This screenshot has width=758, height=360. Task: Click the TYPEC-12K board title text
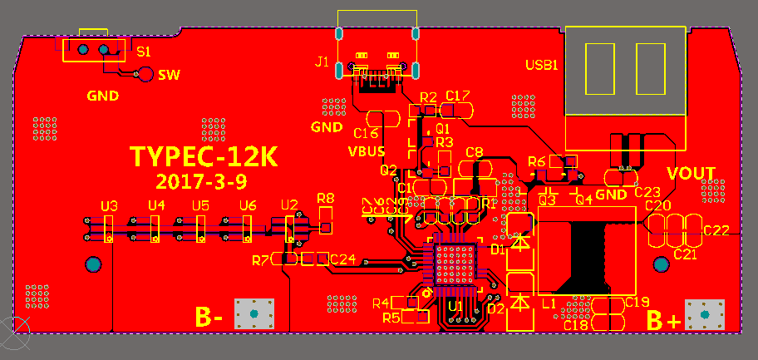point(203,156)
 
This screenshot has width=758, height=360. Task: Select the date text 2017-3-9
point(200,180)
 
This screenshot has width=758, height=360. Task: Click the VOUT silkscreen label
point(692,173)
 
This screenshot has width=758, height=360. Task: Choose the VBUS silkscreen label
point(366,151)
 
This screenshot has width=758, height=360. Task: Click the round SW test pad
point(145,75)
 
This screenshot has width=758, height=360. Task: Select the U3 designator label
point(108,205)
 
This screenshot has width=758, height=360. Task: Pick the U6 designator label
point(247,205)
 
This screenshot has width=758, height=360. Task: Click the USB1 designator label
point(541,65)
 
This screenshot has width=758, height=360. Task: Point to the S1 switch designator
point(143,51)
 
